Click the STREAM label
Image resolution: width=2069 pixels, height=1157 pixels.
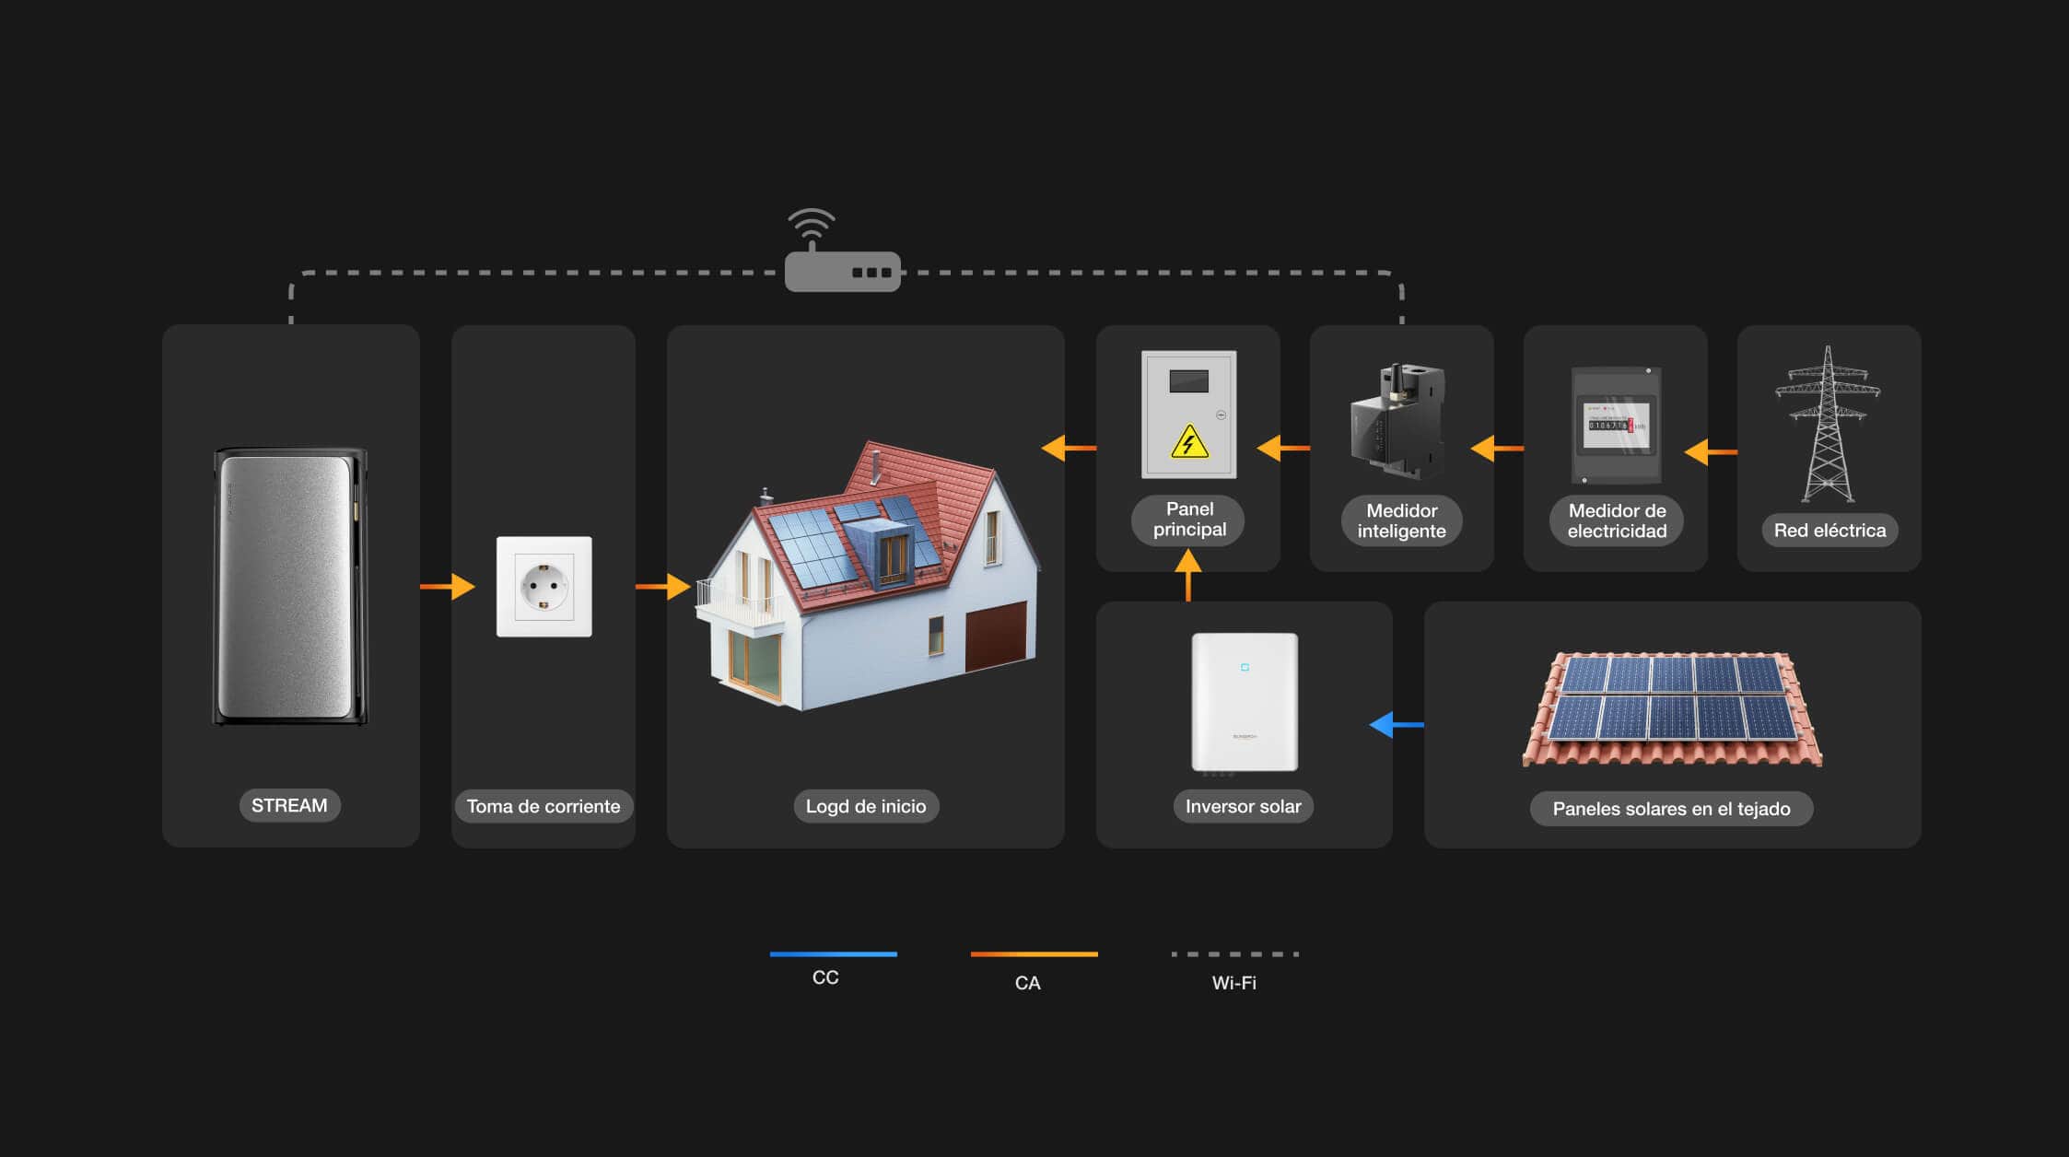(289, 805)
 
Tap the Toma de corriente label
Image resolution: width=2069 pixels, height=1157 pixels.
(544, 806)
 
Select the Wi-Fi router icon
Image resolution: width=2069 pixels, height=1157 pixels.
(842, 251)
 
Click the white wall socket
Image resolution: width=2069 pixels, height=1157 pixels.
(544, 587)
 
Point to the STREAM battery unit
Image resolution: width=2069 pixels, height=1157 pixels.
(290, 587)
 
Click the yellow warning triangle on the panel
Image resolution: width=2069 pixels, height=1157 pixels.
(1189, 441)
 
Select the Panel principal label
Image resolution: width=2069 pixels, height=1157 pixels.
(1189, 520)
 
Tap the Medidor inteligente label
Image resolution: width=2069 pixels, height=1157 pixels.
(1401, 520)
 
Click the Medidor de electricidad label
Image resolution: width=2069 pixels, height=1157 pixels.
(1617, 520)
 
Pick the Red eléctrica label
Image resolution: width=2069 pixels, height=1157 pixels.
(1829, 530)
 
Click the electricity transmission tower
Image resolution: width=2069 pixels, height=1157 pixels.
(1828, 424)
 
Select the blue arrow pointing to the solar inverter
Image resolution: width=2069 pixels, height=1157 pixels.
(1397, 725)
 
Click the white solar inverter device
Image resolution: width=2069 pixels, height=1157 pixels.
(1245, 702)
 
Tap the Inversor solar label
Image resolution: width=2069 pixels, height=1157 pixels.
(1243, 806)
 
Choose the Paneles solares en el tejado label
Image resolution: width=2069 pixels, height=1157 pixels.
(1671, 809)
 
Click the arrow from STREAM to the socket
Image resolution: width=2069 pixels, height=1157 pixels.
(448, 587)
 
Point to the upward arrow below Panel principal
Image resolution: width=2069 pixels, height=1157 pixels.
(1188, 575)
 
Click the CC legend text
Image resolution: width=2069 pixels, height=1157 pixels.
(825, 977)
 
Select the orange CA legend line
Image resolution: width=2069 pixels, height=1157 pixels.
(1034, 954)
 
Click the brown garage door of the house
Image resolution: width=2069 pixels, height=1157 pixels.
(996, 636)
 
